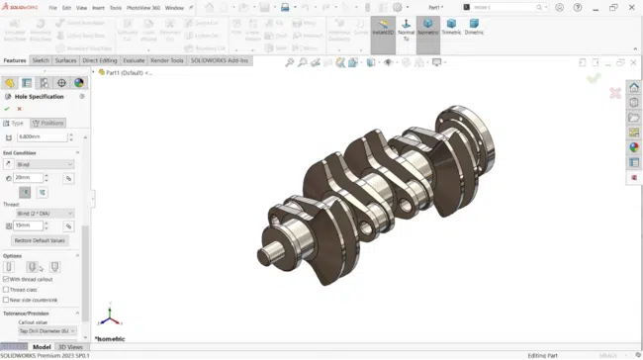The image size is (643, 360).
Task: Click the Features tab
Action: click(x=15, y=60)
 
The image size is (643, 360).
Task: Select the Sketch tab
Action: click(x=41, y=60)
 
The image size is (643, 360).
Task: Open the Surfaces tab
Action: click(x=66, y=60)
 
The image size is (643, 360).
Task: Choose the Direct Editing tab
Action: click(x=100, y=60)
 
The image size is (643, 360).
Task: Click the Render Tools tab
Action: click(x=166, y=60)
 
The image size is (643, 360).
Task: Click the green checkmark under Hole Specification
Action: click(x=7, y=109)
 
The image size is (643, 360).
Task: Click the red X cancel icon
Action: click(x=19, y=109)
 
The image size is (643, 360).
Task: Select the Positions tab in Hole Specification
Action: click(x=49, y=123)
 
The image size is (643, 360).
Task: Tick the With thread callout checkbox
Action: click(x=7, y=280)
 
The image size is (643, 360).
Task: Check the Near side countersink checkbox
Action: click(x=7, y=300)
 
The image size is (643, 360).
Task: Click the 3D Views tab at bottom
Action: click(x=70, y=347)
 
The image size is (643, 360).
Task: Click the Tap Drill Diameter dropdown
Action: click(x=44, y=330)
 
